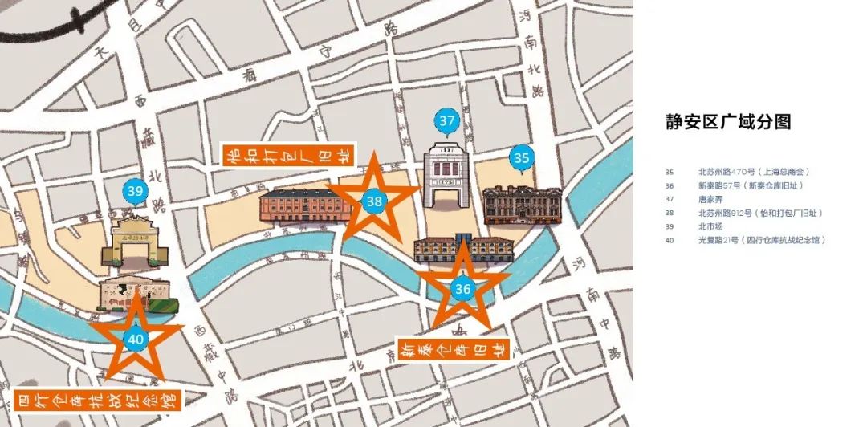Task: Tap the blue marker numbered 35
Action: pyautogui.click(x=523, y=157)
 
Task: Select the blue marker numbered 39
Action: pyautogui.click(x=135, y=191)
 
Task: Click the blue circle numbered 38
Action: pyautogui.click(x=374, y=201)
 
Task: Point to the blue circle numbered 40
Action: pyautogui.click(x=136, y=340)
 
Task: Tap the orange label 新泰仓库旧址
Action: pyautogui.click(x=454, y=351)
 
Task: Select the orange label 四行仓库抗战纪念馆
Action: pyautogui.click(x=96, y=400)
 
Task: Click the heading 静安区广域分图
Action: pyautogui.click(x=728, y=121)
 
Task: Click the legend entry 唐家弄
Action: pyautogui.click(x=710, y=199)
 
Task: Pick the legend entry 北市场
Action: pyautogui.click(x=710, y=226)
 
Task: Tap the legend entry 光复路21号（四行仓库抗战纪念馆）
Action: pyautogui.click(x=762, y=240)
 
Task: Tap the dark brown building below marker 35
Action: pyautogui.click(x=522, y=205)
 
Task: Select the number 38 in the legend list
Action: pyautogui.click(x=670, y=213)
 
